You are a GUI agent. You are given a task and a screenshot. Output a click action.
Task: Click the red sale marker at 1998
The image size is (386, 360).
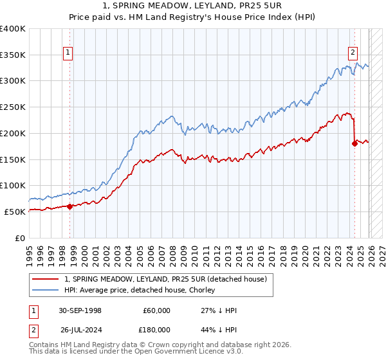tap(69, 206)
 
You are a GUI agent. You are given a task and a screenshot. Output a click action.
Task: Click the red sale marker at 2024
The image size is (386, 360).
tap(354, 143)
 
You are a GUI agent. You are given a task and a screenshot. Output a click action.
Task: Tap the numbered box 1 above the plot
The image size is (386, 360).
tap(68, 53)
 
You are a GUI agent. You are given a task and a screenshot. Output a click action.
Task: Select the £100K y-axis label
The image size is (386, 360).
tap(14, 185)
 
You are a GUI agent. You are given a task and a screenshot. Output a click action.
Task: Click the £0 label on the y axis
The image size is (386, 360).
tap(20, 238)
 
